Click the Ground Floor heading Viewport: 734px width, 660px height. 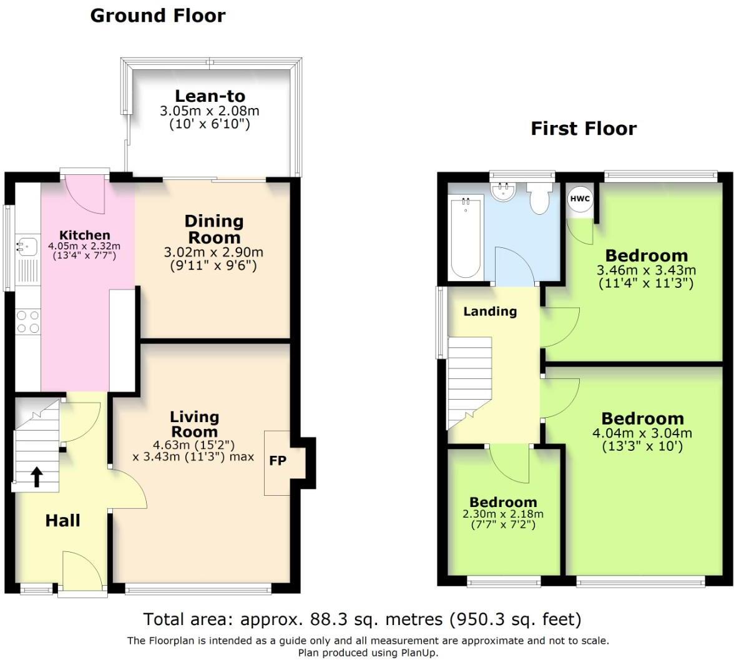[157, 16]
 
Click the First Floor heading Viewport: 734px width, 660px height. [583, 129]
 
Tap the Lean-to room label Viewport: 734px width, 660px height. [210, 96]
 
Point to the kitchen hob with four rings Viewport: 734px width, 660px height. [27, 322]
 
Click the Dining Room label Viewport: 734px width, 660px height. [213, 229]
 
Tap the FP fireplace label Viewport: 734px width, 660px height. [277, 461]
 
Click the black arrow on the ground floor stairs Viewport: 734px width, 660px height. [36, 476]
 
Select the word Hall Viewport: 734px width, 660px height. [62, 520]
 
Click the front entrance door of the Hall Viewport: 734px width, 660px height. [82, 571]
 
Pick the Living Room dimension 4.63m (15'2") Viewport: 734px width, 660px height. [194, 445]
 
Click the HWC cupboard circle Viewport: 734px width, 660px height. [579, 199]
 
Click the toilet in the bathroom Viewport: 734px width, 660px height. [537, 197]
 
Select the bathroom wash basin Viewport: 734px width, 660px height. [503, 191]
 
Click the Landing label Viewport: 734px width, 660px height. [490, 311]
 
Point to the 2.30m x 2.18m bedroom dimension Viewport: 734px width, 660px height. [502, 514]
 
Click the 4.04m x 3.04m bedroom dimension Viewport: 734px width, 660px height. [642, 433]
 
